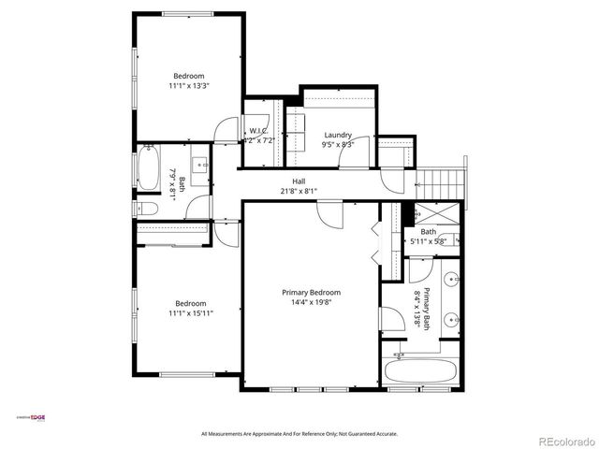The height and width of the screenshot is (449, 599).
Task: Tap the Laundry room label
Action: coord(337,135)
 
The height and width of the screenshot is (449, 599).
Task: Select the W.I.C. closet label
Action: coord(258,130)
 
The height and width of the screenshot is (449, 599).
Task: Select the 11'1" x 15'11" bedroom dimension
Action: coord(189,313)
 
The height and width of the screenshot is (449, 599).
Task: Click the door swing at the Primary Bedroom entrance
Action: coord(330,214)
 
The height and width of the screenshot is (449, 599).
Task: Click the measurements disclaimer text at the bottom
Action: coord(299,434)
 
